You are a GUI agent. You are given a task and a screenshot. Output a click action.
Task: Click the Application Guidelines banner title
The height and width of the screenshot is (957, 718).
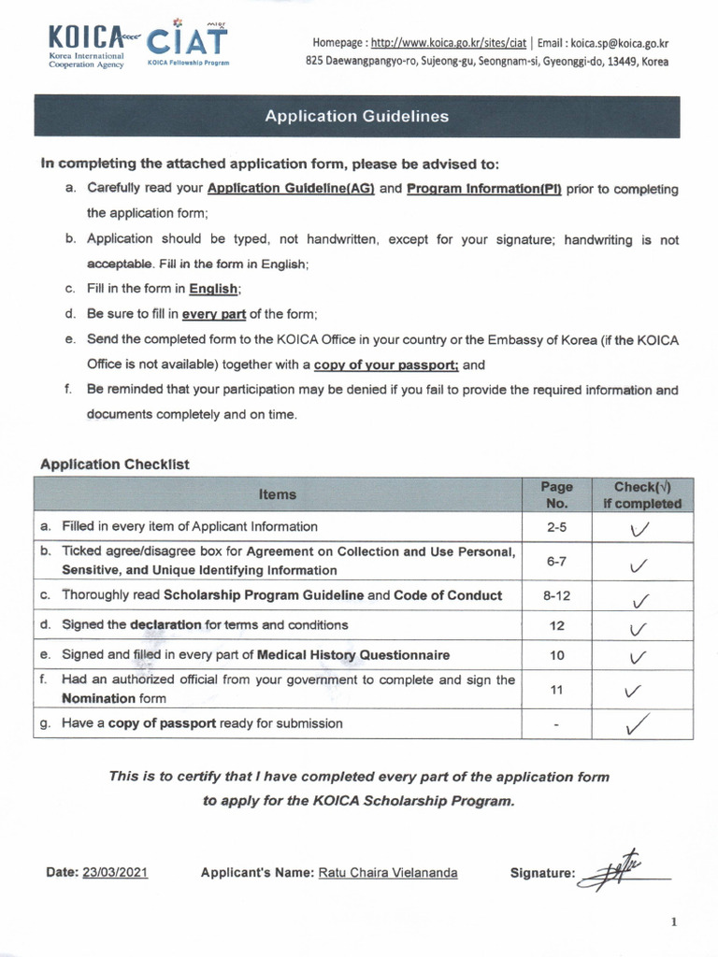click(356, 117)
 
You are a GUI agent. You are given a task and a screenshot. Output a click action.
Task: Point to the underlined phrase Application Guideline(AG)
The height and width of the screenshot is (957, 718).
click(291, 189)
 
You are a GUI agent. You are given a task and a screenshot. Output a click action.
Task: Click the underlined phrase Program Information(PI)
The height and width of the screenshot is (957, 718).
click(483, 189)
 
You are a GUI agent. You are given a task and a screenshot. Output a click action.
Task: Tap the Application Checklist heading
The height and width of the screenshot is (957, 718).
click(115, 464)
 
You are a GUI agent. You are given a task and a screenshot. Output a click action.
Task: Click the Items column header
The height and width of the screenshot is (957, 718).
click(277, 494)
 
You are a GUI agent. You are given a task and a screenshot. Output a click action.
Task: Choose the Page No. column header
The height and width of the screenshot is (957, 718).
click(556, 494)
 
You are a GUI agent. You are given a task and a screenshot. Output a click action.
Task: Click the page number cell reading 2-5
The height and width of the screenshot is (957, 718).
click(556, 527)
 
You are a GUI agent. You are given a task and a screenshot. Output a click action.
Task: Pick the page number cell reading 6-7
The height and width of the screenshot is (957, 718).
click(556, 561)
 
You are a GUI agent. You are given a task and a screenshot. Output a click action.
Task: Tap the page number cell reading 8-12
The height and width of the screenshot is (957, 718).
click(556, 595)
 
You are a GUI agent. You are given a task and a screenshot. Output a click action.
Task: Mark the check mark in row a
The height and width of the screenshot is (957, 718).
click(639, 529)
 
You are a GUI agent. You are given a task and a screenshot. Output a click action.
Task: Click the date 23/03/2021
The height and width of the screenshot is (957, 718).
click(115, 873)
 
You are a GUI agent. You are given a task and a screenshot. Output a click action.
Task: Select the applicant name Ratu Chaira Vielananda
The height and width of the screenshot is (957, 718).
click(388, 873)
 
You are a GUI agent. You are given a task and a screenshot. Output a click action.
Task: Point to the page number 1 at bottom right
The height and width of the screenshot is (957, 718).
click(673, 922)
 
